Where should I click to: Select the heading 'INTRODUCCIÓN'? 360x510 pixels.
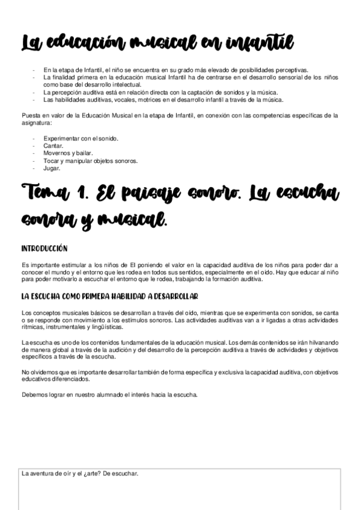pos(44,248)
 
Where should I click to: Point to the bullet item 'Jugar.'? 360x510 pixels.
pos(52,168)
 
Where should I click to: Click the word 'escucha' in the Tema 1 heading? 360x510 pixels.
pos(304,195)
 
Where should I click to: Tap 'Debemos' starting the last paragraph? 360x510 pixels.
pos(34,395)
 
